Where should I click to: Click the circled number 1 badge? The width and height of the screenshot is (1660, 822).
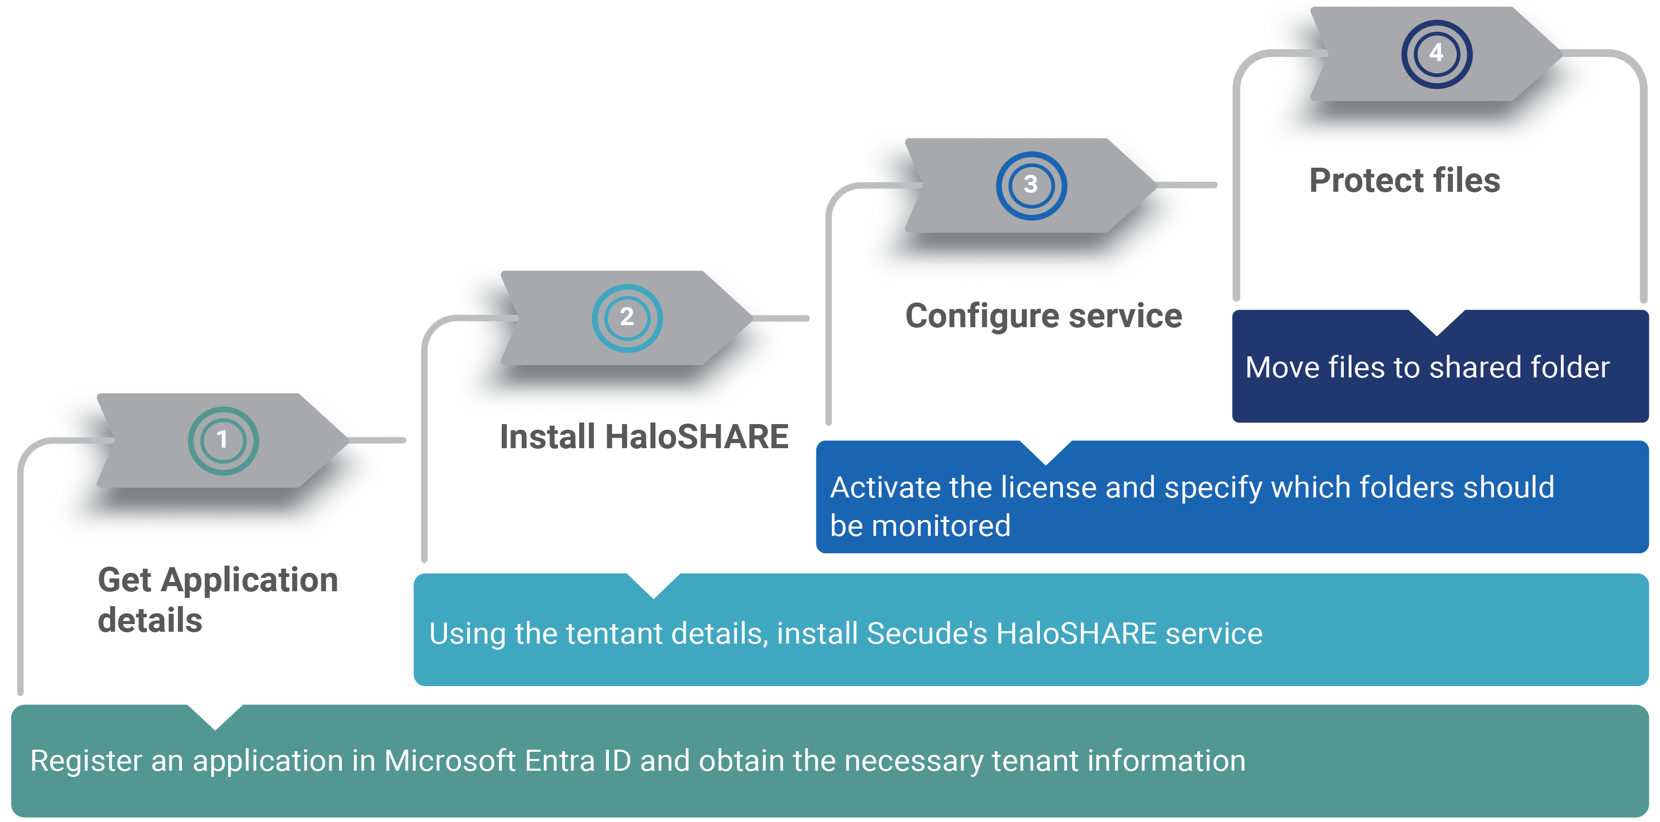pyautogui.click(x=223, y=440)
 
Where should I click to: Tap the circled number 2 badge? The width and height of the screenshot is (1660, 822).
pyautogui.click(x=626, y=317)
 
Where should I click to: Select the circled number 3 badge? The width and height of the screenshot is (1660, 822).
pyautogui.click(x=1031, y=185)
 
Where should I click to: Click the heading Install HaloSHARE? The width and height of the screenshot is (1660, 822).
pyautogui.click(x=644, y=436)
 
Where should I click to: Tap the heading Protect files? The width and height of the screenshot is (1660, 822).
pyautogui.click(x=1404, y=181)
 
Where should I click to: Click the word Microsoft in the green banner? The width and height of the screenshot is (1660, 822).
pyautogui.click(x=449, y=761)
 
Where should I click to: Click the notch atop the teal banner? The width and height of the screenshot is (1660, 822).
pyautogui.click(x=653, y=584)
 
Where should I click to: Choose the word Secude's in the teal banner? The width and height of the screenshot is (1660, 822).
pyautogui.click(x=926, y=633)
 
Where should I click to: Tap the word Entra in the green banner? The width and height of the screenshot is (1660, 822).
pyautogui.click(x=559, y=761)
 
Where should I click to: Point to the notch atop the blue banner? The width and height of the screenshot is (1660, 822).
pyautogui.click(x=1046, y=451)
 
